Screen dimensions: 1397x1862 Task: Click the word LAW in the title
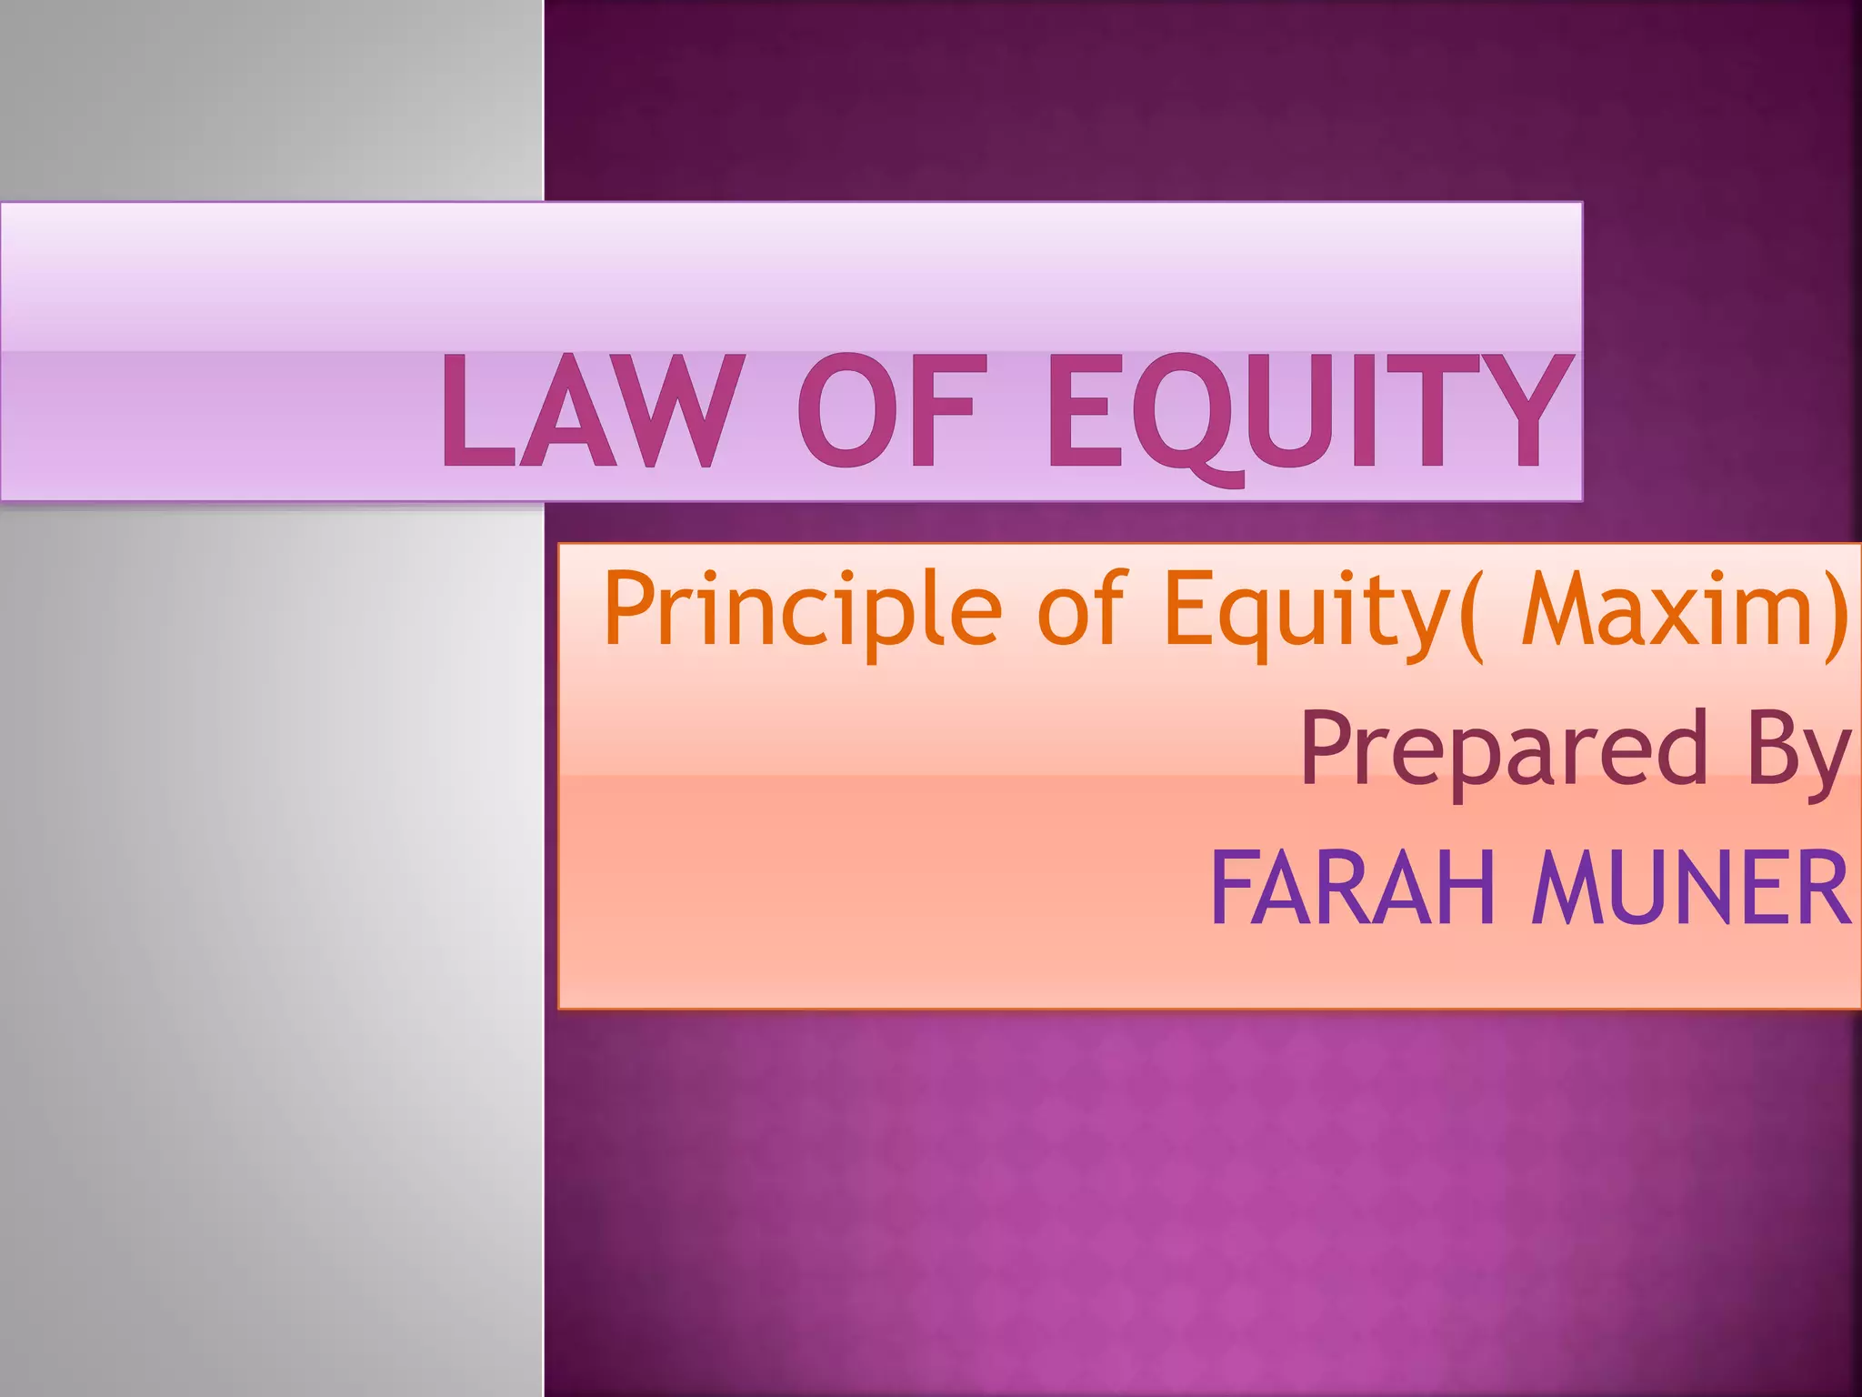click(x=586, y=411)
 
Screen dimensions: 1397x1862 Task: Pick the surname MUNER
click(x=1691, y=888)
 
